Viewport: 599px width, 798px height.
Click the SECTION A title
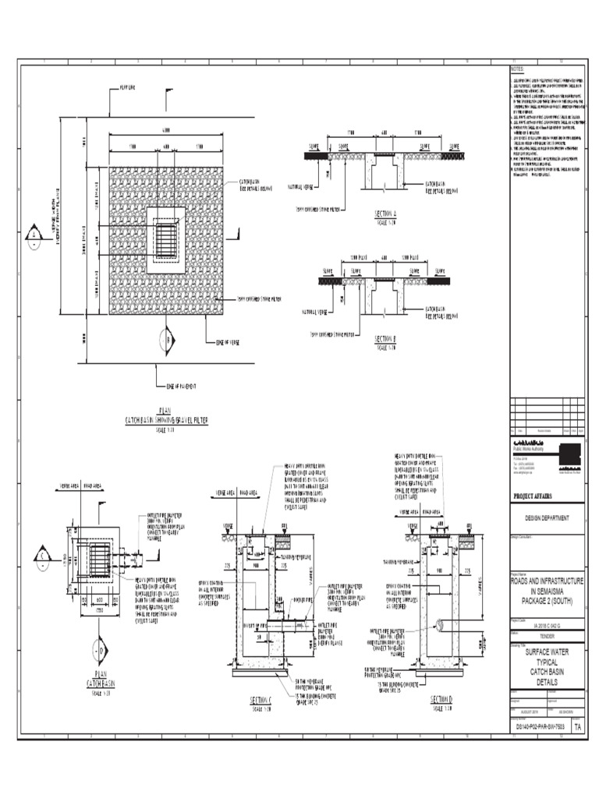click(385, 214)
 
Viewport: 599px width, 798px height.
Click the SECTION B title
click(385, 339)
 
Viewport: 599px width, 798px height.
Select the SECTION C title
click(259, 698)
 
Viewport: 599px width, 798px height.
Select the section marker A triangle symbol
click(35, 235)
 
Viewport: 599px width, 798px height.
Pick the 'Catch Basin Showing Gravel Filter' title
click(166, 420)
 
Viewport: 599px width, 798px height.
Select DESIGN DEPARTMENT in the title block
click(545, 517)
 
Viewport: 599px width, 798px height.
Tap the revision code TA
click(577, 726)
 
